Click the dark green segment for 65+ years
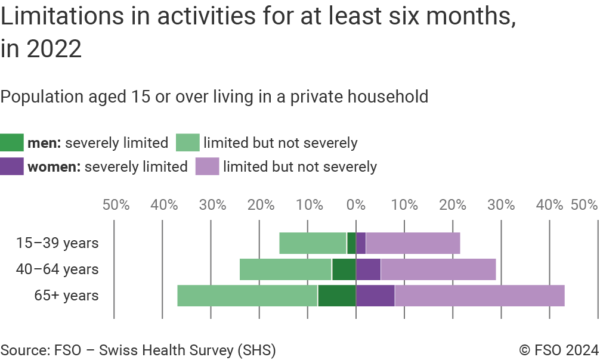pyautogui.click(x=336, y=296)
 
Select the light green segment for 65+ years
pyautogui.click(x=247, y=296)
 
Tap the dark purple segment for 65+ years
pyautogui.click(x=375, y=296)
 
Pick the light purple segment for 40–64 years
pyautogui.click(x=438, y=269)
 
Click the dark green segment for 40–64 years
pyautogui.click(x=344, y=269)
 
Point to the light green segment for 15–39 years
pyautogui.click(x=313, y=243)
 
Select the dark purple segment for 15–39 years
pyautogui.click(x=361, y=243)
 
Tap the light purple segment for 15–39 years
pyautogui.click(x=413, y=243)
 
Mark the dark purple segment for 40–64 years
pyautogui.click(x=368, y=269)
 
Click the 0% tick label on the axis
pyautogui.click(x=356, y=205)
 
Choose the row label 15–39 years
pyautogui.click(x=57, y=243)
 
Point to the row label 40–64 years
pyautogui.click(x=57, y=269)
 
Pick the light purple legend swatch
pyautogui.click(x=207, y=166)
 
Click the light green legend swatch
pyautogui.click(x=187, y=143)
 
